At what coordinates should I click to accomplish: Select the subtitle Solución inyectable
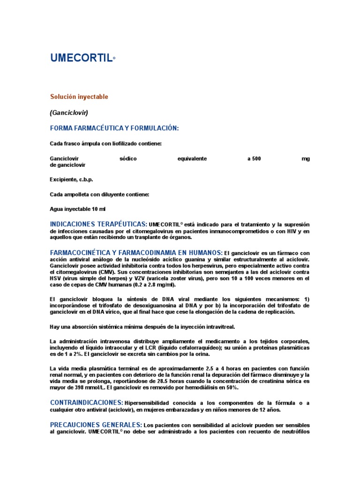(x=79, y=97)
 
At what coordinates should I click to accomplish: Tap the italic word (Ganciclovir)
(x=69, y=112)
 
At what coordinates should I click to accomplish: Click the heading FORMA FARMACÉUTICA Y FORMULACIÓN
(x=114, y=128)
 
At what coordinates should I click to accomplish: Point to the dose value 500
(x=256, y=159)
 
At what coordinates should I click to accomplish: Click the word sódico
(x=128, y=159)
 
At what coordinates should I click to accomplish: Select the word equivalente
(x=192, y=159)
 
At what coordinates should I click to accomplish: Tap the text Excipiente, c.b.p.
(x=71, y=180)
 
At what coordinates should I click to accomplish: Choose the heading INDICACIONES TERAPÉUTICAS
(x=98, y=224)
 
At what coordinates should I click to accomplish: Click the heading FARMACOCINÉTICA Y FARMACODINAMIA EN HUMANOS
(x=136, y=253)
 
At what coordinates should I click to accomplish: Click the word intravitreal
(x=218, y=326)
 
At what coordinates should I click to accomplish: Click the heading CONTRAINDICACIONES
(x=87, y=403)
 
